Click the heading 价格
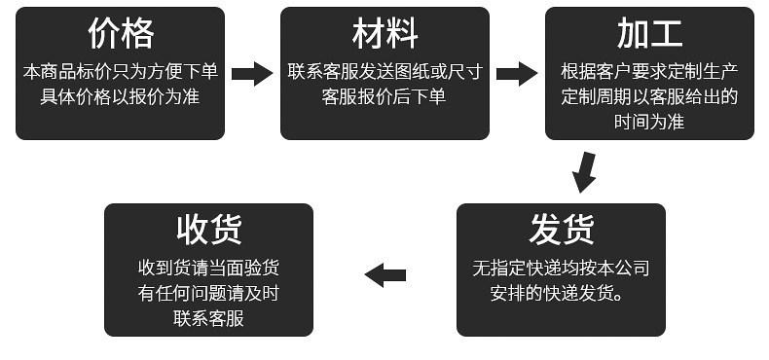click(x=121, y=35)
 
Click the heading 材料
click(x=384, y=35)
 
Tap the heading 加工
click(x=648, y=35)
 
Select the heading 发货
click(x=561, y=231)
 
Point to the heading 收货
click(x=208, y=231)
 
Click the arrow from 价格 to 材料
click(x=252, y=73)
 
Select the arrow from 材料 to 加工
click(x=516, y=73)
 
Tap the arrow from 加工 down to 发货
click(x=584, y=171)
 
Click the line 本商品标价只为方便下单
click(x=121, y=72)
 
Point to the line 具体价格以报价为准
click(x=121, y=97)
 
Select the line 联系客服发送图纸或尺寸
click(x=384, y=72)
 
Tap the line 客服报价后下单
click(x=384, y=97)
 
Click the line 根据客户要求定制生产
click(x=648, y=72)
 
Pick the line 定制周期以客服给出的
click(x=648, y=97)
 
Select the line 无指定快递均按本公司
click(x=561, y=268)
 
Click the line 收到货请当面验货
click(x=208, y=268)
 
